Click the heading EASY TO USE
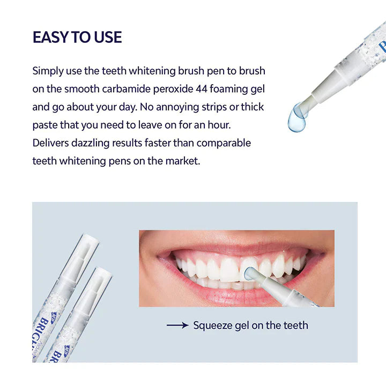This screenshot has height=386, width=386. point(77,37)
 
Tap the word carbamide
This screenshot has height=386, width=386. point(109,88)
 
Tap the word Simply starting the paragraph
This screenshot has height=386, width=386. point(48,70)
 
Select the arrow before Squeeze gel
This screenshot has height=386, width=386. point(177,325)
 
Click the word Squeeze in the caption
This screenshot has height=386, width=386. point(213,325)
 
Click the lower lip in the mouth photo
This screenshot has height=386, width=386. point(225,296)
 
